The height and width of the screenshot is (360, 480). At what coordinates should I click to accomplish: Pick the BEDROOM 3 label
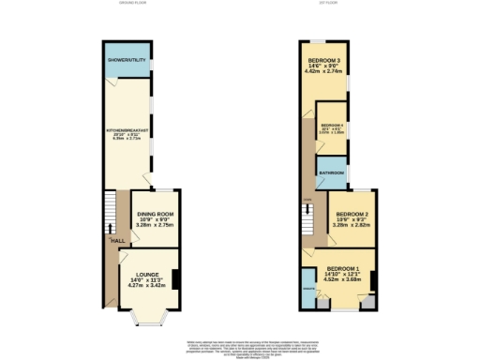pyautogui.click(x=323, y=61)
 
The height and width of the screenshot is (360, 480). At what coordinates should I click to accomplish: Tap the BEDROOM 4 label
pyautogui.click(x=333, y=125)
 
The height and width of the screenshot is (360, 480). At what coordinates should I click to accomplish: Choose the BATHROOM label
pyautogui.click(x=331, y=173)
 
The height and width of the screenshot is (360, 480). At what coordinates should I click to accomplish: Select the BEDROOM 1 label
pyautogui.click(x=343, y=265)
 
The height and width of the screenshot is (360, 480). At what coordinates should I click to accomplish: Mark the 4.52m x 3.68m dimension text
pyautogui.click(x=343, y=277)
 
